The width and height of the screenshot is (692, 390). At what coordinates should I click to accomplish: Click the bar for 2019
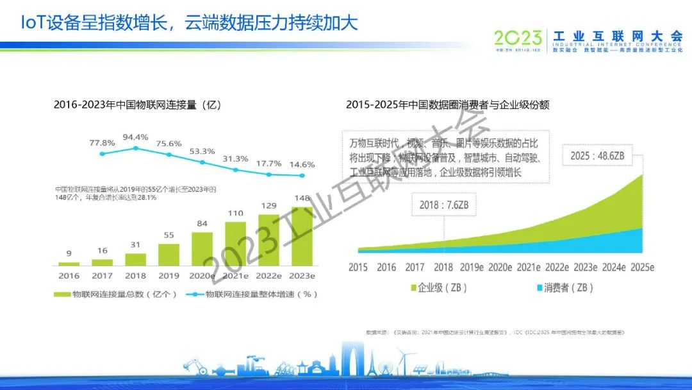(169, 255)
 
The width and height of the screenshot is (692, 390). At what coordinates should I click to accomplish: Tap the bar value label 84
(202, 223)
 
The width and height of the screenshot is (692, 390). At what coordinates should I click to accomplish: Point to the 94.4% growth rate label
(135, 137)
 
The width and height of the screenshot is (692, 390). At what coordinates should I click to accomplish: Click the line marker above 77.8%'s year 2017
(102, 154)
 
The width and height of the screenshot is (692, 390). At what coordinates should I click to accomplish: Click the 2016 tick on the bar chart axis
(69, 276)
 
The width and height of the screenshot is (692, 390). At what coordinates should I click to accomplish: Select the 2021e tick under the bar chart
(235, 276)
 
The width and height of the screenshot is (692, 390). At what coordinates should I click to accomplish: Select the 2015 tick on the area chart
(358, 267)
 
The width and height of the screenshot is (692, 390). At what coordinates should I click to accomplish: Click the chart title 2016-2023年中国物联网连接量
(137, 105)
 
